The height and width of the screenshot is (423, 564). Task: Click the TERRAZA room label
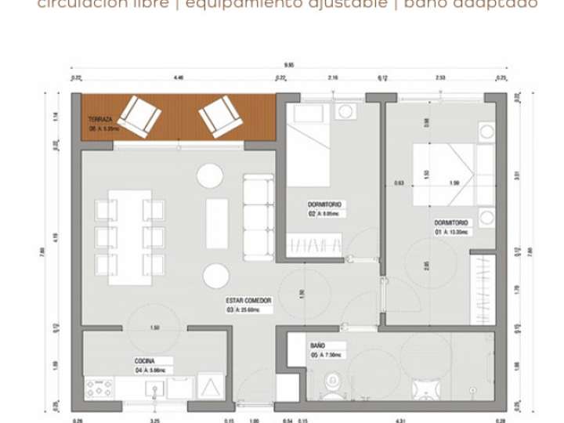[x=100, y=119]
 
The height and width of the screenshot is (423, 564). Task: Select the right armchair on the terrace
[x=219, y=116]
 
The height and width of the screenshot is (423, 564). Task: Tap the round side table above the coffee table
[x=210, y=175]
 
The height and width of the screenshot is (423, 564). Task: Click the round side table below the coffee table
[x=216, y=275]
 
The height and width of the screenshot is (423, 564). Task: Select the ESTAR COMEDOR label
[x=248, y=300]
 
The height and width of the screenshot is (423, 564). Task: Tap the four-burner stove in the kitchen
[x=99, y=388]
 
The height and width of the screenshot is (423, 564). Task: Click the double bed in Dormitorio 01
[x=443, y=175]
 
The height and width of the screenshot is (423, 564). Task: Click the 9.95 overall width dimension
[x=289, y=67]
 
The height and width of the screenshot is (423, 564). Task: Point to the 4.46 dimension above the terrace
[x=179, y=78]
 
